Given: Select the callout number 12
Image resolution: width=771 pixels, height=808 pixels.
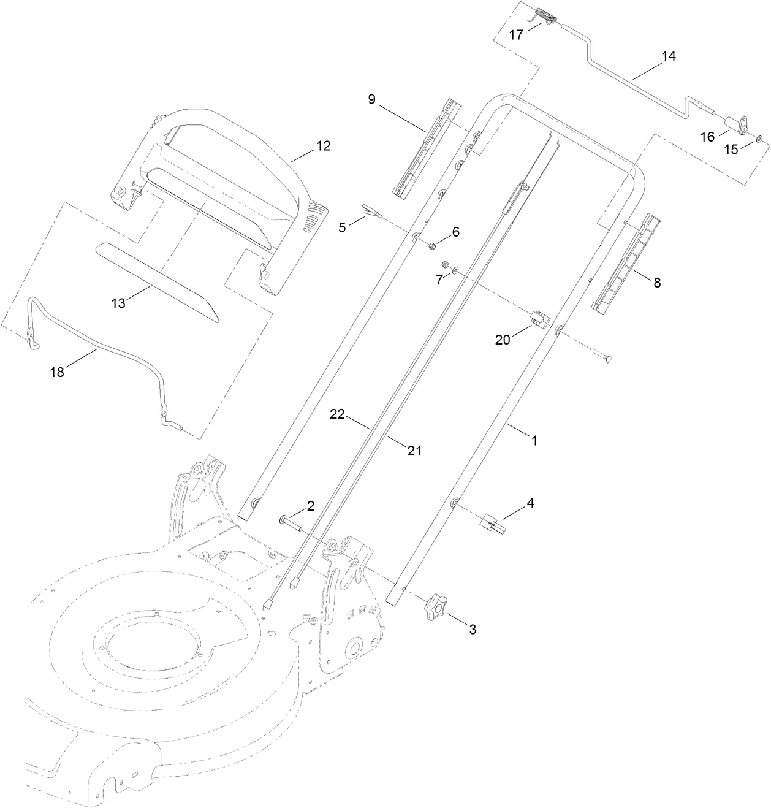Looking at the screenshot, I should (322, 146).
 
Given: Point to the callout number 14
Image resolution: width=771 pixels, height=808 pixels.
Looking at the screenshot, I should (668, 56).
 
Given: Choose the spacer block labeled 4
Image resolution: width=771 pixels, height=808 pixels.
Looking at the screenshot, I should (493, 525).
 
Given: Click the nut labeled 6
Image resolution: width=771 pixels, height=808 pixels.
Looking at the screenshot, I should (431, 246).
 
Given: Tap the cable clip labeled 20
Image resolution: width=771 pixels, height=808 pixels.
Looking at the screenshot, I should (538, 319).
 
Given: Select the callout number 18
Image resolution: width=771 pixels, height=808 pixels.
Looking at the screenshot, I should (57, 372).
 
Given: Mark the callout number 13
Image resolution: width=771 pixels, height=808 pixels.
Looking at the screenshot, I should (118, 302).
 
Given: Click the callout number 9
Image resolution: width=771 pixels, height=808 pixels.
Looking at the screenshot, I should (371, 99).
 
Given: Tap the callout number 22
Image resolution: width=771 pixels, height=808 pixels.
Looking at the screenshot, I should (338, 414).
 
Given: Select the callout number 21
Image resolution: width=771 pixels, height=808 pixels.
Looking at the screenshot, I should (415, 451).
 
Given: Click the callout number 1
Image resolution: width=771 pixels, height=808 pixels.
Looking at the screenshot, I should (534, 440).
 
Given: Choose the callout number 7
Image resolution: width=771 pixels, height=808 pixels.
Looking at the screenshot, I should (439, 280).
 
